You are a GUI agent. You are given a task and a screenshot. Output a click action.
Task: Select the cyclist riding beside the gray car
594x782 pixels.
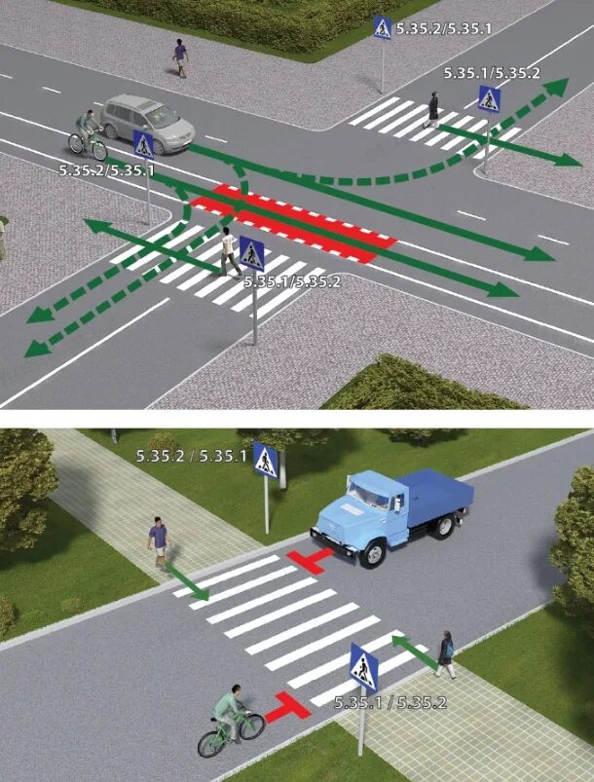pos(89,135)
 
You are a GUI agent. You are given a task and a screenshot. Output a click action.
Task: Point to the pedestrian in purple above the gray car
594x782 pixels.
pos(180,57)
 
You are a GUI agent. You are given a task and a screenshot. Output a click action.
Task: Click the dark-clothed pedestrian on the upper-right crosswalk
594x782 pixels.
pos(432,108)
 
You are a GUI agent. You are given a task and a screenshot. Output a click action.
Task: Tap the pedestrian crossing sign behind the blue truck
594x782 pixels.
pos(265,459)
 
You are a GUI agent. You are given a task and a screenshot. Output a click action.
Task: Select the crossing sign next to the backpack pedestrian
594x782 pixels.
pos(363,668)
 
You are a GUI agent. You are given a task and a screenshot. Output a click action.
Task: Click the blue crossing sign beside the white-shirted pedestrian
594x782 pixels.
pos(252,254)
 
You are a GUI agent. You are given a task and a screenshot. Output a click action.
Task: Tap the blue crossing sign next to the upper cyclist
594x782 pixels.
pos(144,145)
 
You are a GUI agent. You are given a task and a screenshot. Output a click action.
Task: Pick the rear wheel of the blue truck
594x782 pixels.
pos(444,526)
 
